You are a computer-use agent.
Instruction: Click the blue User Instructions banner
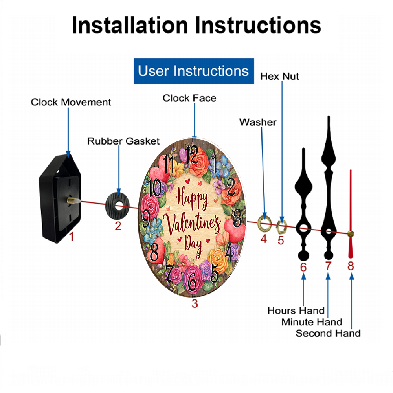point(194,71)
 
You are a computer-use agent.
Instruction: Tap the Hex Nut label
point(279,76)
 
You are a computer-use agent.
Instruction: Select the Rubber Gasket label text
point(123,141)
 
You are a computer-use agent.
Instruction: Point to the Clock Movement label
point(71,102)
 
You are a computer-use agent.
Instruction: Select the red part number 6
point(303,267)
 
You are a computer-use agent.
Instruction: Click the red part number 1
point(72,237)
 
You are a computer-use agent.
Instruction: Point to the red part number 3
point(195,303)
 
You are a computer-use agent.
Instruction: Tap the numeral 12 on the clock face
point(192,154)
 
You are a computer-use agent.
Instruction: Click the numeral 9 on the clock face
point(146,219)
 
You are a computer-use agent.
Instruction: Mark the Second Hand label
point(328,333)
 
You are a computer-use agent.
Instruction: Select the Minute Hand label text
point(312,322)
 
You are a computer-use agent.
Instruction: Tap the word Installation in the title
point(130,25)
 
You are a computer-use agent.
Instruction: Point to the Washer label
point(258,122)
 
